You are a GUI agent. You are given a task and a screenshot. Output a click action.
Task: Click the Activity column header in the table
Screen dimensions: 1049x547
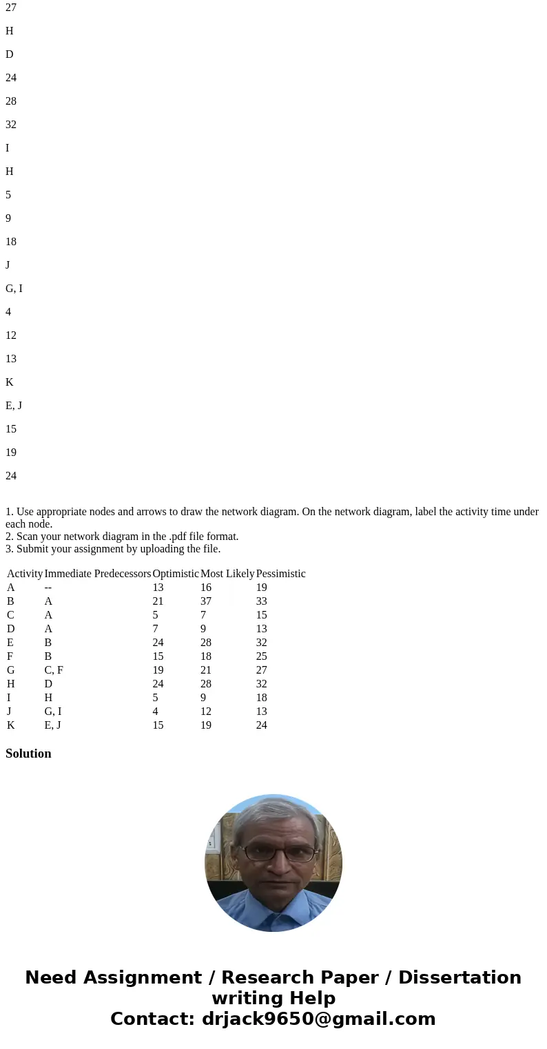tap(25, 574)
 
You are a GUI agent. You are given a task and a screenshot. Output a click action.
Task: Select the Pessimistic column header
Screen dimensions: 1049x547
tap(280, 574)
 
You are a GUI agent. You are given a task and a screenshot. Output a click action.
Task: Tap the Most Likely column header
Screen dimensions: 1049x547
tap(227, 574)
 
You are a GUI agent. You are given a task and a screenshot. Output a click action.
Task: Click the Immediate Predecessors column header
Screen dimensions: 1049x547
tap(97, 574)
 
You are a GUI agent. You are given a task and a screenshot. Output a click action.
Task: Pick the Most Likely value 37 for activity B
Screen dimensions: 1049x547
tap(206, 601)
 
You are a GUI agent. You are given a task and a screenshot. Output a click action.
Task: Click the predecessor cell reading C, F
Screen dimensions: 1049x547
tap(54, 670)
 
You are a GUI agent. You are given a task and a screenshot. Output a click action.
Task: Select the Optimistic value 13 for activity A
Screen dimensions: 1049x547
tap(158, 588)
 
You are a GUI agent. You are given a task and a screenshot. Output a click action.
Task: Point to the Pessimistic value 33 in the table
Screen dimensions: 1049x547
tap(261, 601)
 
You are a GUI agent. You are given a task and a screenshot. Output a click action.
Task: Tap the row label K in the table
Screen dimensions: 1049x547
tap(11, 725)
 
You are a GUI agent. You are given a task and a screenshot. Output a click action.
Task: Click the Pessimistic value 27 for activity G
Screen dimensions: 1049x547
tap(261, 670)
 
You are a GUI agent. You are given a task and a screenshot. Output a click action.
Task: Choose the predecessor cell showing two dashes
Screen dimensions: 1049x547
tap(48, 588)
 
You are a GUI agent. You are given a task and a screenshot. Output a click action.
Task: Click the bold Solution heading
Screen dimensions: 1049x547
tap(28, 754)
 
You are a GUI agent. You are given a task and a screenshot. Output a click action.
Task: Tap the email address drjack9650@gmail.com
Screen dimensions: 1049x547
tap(318, 1019)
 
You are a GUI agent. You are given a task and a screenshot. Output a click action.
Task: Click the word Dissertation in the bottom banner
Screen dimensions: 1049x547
tap(460, 978)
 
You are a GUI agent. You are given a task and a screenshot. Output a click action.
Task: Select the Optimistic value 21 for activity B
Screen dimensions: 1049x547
tap(158, 601)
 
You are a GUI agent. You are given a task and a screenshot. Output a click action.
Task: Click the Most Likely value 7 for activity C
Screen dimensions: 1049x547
tap(203, 615)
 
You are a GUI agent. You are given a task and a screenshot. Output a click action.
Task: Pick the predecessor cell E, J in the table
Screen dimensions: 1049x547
tap(52, 725)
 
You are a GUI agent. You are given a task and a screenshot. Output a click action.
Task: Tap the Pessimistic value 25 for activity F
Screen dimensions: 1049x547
tap(261, 656)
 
